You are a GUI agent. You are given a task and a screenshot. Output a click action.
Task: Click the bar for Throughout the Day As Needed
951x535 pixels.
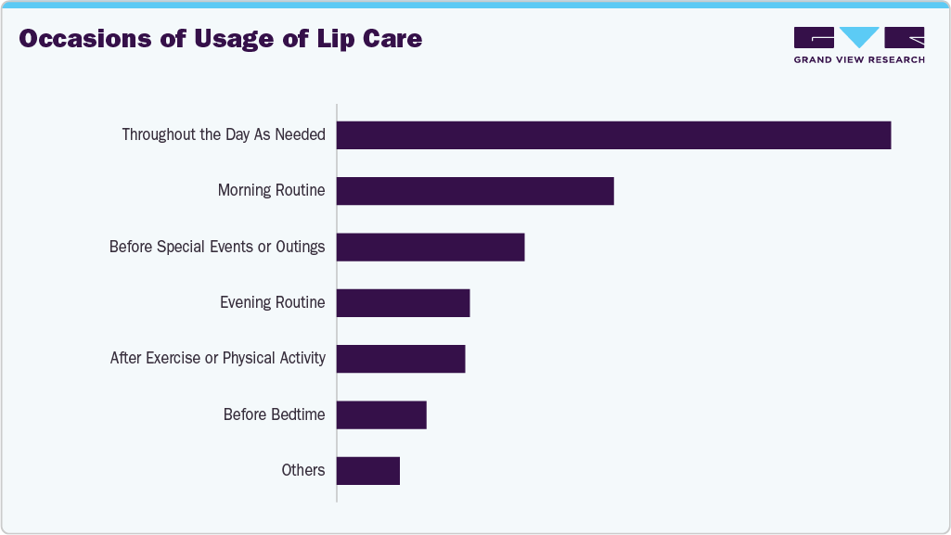tap(613, 135)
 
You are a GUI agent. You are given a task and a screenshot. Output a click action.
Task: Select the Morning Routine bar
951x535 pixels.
tap(475, 191)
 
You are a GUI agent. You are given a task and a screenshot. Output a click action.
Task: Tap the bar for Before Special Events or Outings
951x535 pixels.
tap(431, 247)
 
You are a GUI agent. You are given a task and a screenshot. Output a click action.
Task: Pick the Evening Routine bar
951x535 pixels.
tap(403, 302)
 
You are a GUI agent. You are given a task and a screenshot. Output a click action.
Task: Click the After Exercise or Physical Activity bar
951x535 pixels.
tap(401, 358)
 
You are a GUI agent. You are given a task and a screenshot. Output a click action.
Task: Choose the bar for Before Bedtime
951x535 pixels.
tap(381, 414)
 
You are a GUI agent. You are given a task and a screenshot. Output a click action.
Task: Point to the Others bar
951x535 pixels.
tap(368, 470)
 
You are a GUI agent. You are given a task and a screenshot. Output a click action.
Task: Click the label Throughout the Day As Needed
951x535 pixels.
tap(224, 135)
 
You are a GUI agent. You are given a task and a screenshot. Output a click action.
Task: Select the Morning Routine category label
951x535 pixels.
tap(271, 191)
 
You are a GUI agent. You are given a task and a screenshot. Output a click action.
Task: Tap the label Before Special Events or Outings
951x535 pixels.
tap(217, 247)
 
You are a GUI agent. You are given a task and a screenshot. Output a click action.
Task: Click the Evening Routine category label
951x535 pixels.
tap(272, 302)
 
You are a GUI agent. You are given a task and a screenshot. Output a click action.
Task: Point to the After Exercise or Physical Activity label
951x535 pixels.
tap(217, 358)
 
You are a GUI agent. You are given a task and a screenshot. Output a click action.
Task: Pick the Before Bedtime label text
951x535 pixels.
tap(274, 414)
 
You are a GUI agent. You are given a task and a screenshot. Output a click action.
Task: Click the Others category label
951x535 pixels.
tap(303, 470)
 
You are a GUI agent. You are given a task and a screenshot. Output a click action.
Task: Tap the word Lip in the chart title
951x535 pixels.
tap(329, 39)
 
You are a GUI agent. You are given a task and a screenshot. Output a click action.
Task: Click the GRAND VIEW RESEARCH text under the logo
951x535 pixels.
tap(859, 60)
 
